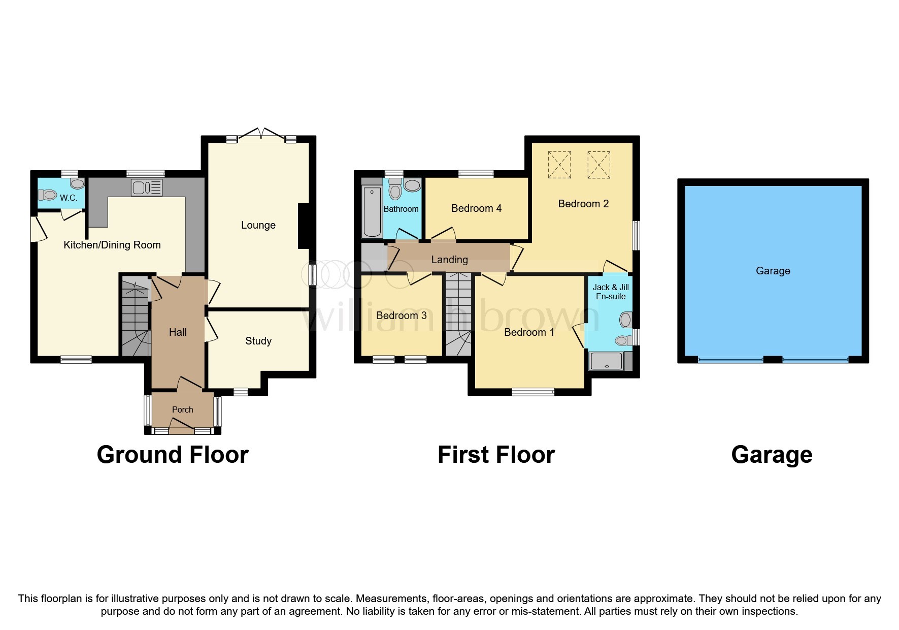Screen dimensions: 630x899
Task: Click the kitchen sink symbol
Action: [x=147, y=187]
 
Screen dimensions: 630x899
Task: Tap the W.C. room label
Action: [x=69, y=198]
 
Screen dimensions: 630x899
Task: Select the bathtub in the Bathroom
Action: [x=372, y=212]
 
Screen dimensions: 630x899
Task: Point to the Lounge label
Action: [x=258, y=225]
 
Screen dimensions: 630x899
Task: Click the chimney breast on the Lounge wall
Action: [x=304, y=226]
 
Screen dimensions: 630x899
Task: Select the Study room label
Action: [x=258, y=341]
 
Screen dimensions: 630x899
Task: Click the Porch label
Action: [x=182, y=409]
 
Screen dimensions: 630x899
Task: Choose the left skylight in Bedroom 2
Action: [x=559, y=165]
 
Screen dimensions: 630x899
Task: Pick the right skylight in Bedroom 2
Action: [x=598, y=165]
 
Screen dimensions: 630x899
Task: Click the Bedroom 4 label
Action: [x=476, y=208]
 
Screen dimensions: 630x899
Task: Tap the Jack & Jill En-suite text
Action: [x=611, y=292]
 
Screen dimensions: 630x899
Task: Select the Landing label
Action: [x=449, y=260]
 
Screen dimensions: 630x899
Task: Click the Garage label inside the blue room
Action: [x=773, y=271]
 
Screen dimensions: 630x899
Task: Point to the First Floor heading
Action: [x=496, y=455]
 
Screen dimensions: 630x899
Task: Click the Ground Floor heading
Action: [x=173, y=455]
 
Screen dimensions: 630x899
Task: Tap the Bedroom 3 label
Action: [x=401, y=316]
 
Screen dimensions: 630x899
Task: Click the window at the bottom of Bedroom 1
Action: [x=533, y=392]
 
